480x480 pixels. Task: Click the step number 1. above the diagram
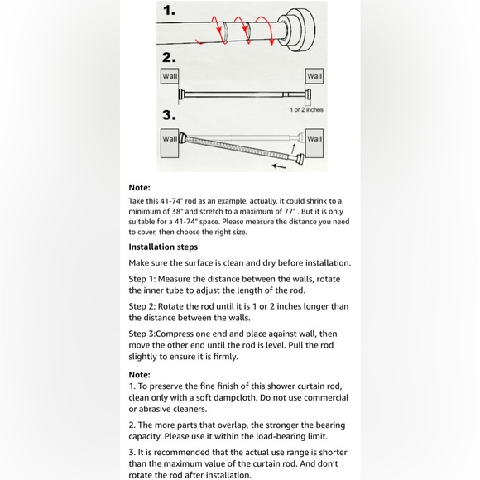tap(170, 12)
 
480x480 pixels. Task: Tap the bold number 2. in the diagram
tap(170, 57)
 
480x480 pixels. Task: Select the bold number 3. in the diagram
tap(170, 115)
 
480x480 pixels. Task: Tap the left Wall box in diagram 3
tap(169, 139)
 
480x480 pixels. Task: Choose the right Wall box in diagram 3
tap(314, 139)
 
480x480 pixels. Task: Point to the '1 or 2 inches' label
tap(306, 109)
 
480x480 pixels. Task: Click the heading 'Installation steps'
tap(163, 247)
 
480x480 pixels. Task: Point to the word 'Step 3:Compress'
tap(169, 334)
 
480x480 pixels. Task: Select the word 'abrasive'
tap(158, 409)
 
